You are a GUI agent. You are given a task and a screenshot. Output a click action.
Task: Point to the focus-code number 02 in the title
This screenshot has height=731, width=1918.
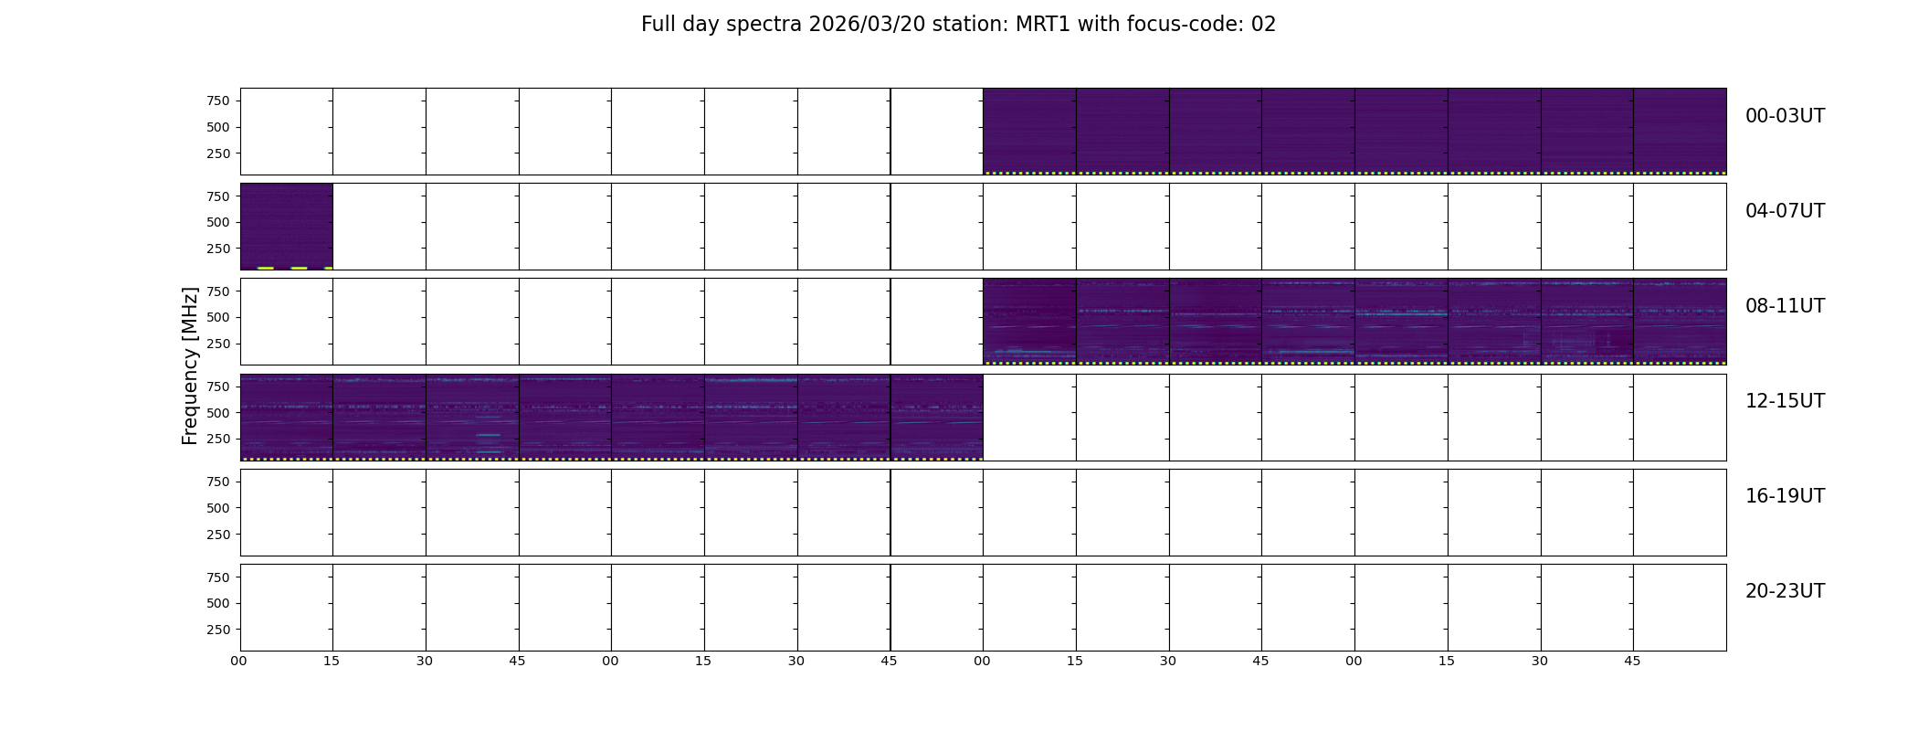(x=1263, y=25)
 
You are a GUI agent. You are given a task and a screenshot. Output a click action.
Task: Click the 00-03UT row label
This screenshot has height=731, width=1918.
(x=1785, y=116)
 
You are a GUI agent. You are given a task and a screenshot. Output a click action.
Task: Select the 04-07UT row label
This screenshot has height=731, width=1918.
(x=1785, y=211)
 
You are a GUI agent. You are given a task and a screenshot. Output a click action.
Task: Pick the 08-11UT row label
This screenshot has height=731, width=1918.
(x=1785, y=306)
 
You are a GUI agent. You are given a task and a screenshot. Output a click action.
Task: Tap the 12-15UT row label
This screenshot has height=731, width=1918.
(x=1785, y=401)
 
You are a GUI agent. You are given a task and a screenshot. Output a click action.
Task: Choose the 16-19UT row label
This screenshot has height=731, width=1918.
(x=1785, y=496)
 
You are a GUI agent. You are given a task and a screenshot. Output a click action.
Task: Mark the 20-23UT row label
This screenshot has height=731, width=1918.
(x=1785, y=591)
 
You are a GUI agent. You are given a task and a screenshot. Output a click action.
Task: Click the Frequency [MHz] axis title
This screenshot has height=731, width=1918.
(x=190, y=365)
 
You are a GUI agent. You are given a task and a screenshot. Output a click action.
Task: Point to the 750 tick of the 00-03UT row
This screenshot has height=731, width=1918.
(x=218, y=101)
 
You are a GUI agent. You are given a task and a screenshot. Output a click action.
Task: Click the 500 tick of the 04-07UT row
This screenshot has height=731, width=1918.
(x=218, y=222)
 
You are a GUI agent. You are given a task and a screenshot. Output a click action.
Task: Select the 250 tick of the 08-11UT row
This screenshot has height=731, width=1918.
(x=218, y=344)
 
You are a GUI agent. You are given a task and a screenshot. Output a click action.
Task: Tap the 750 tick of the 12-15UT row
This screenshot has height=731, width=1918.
(x=218, y=387)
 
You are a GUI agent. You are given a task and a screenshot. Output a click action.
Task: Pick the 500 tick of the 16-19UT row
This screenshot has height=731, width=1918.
(x=218, y=508)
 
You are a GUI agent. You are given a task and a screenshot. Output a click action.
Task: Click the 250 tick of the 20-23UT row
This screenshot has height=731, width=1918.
(x=218, y=630)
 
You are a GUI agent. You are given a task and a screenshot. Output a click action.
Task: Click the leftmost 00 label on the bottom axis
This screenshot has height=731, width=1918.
(x=239, y=661)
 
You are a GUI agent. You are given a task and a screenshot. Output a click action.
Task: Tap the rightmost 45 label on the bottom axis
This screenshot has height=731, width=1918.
(x=1632, y=661)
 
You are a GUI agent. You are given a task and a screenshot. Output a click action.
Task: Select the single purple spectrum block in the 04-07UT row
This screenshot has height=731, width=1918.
(x=286, y=227)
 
